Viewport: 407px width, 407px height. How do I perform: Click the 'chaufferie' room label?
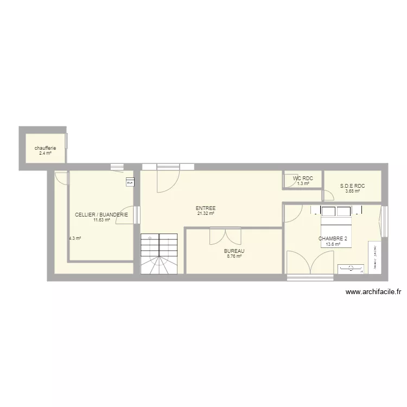[45, 148]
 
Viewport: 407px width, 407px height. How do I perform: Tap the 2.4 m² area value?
[45, 153]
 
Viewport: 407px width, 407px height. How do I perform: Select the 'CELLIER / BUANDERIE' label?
[101, 215]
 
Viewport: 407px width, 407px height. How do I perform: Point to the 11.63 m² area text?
[101, 220]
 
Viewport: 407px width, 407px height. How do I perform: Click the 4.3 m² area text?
[75, 238]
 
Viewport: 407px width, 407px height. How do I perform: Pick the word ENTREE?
[206, 208]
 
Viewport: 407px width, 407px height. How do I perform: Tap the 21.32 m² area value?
[206, 213]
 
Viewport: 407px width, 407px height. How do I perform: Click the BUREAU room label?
[234, 251]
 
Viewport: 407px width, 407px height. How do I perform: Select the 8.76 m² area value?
[234, 256]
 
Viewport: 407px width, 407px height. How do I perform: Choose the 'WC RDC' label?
[303, 179]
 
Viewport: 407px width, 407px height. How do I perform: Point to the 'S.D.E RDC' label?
[353, 186]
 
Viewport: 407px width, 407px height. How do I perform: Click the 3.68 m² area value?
[353, 190]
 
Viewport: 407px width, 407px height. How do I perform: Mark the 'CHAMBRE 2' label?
[333, 238]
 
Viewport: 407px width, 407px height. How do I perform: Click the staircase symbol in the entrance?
[159, 253]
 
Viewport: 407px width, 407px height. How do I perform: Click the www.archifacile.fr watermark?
[373, 292]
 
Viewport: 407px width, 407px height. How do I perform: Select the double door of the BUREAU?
[225, 237]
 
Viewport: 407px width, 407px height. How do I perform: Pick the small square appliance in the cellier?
[130, 182]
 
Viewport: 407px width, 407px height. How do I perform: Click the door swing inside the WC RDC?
[290, 181]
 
